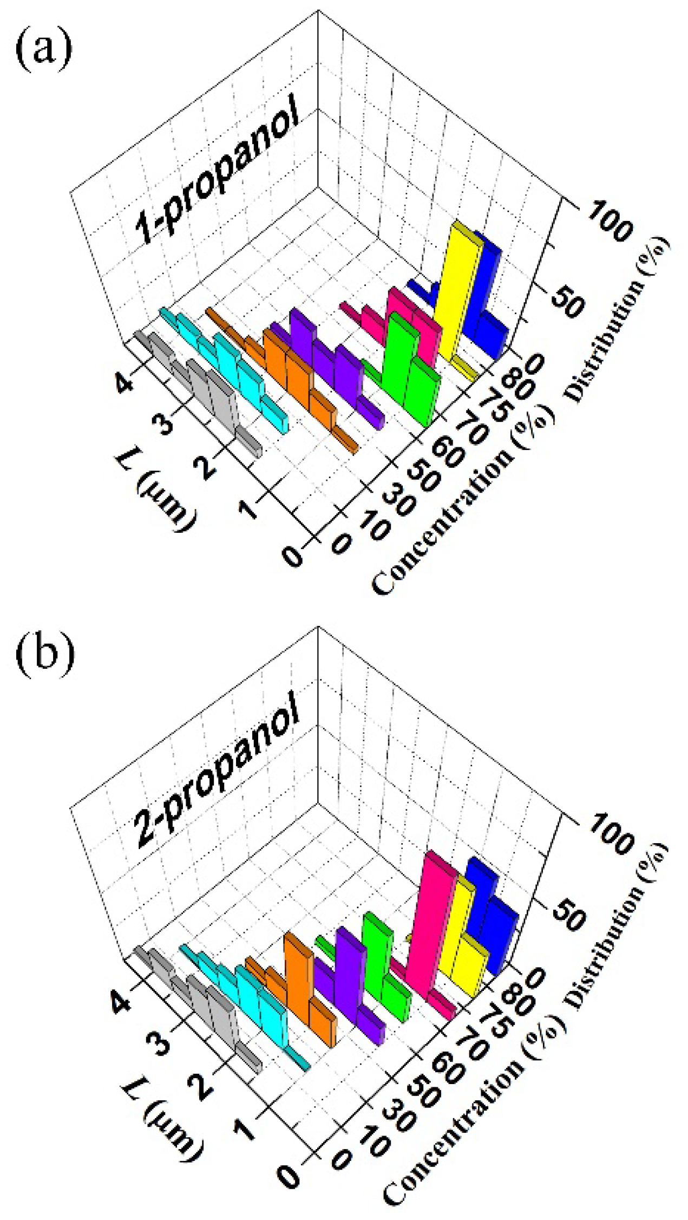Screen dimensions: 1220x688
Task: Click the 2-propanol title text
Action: pos(217,780)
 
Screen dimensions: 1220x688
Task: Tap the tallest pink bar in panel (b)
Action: pos(433,915)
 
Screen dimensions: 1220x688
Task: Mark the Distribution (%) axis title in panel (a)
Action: pos(617,319)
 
